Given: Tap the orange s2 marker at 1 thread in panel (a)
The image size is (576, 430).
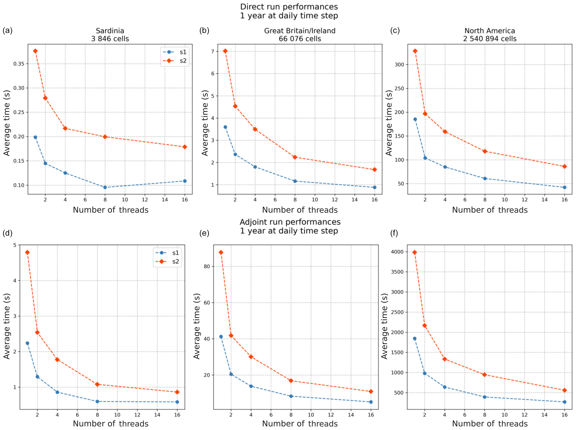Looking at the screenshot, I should [35, 51].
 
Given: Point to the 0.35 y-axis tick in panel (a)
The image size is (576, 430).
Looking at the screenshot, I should [19, 64].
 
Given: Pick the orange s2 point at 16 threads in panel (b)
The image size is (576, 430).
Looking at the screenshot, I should [375, 170].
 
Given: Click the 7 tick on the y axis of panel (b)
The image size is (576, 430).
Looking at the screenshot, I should [213, 51].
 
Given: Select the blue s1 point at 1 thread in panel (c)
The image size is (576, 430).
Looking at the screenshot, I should [415, 119].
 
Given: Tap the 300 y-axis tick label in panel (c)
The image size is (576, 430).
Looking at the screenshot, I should [399, 64].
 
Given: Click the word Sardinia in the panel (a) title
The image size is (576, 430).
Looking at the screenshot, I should [110, 31].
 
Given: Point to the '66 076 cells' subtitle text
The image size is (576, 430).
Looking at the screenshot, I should [300, 39].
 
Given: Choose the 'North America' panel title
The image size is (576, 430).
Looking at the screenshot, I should [489, 31].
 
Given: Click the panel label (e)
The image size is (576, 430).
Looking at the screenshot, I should [204, 233].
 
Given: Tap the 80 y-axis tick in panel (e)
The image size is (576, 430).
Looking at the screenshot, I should [207, 266].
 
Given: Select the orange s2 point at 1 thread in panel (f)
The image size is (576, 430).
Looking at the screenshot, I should [415, 252].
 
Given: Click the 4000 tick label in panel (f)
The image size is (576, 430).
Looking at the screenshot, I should [397, 252].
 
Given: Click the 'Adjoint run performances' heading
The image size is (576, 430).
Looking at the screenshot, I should [290, 222].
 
